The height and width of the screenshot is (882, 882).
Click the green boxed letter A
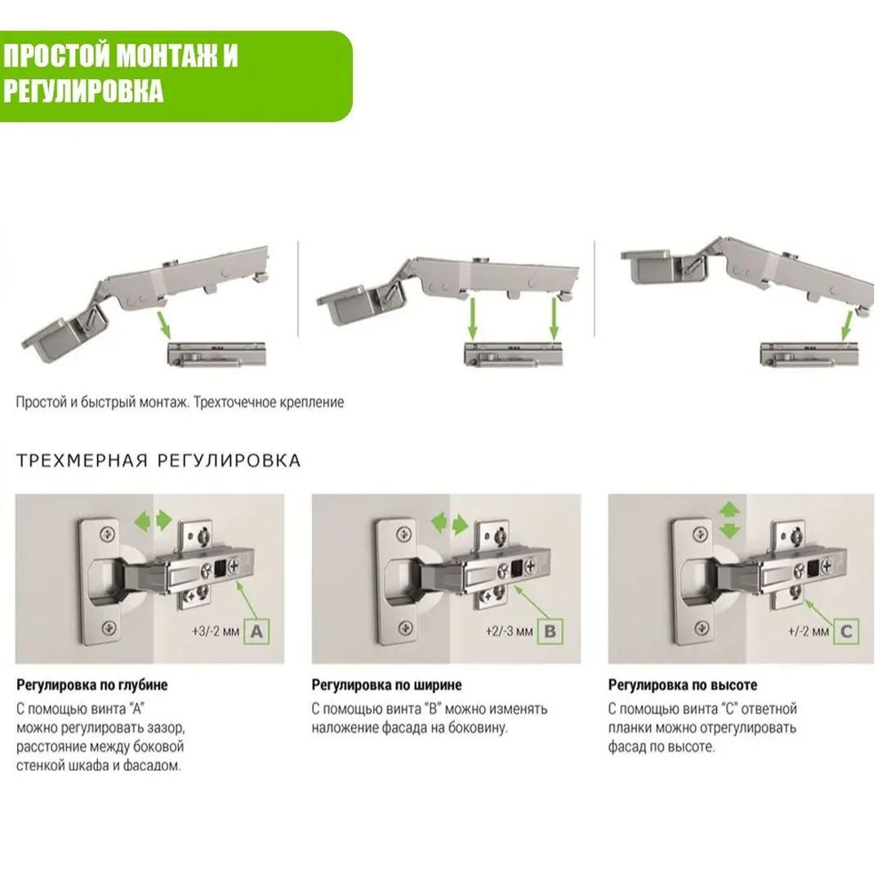tap(256, 631)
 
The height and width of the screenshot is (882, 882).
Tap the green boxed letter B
tap(550, 631)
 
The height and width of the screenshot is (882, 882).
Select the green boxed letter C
tap(846, 631)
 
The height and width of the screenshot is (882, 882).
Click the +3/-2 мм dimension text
tap(216, 631)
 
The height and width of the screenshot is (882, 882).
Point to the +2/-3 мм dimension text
tap(509, 631)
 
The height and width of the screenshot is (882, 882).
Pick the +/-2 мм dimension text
tap(808, 631)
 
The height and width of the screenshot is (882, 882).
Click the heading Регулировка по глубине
tap(91, 685)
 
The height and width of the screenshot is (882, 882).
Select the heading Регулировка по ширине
tap(386, 685)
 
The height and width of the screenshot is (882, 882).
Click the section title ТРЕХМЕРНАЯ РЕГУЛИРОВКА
tap(158, 461)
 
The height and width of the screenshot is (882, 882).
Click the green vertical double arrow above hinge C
tap(730, 520)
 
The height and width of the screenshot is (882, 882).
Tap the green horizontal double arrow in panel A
tap(153, 520)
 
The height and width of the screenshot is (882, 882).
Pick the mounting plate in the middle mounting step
tap(512, 354)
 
